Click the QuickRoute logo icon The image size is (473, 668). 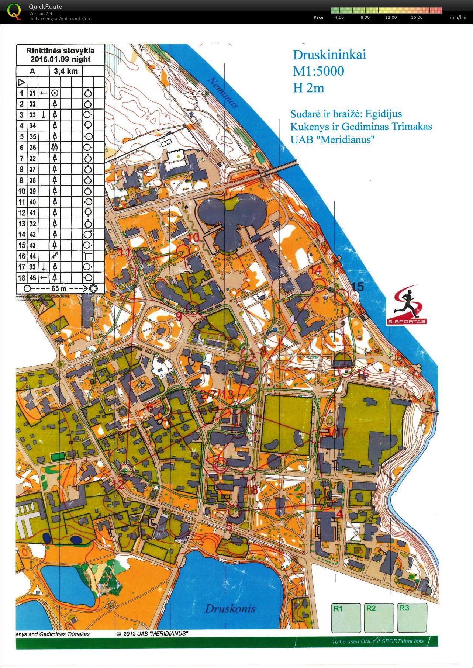(14, 11)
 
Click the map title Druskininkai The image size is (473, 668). (329, 55)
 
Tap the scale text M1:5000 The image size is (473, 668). (318, 71)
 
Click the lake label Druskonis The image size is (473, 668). (230, 608)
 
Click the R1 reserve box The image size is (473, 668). (346, 618)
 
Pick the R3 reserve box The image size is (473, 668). (412, 617)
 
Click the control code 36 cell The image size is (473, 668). (33, 148)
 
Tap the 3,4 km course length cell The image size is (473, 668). (65, 71)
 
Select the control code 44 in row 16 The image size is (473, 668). (33, 256)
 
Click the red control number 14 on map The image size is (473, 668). (315, 270)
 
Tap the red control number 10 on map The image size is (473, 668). (193, 238)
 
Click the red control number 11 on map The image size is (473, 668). (125, 252)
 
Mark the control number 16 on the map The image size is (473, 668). (363, 374)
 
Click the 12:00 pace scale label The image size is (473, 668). (391, 17)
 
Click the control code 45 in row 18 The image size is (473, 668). (33, 278)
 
